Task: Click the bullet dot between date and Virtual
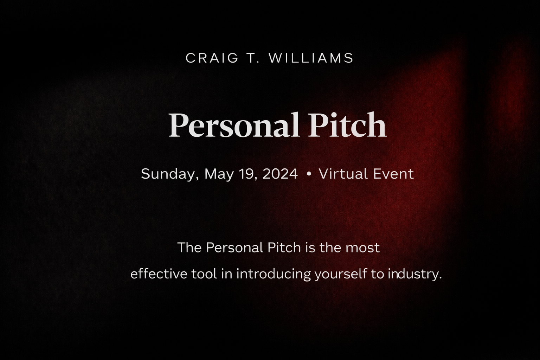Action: coord(309,174)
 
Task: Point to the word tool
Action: coord(204,274)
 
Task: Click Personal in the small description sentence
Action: coord(234,248)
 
